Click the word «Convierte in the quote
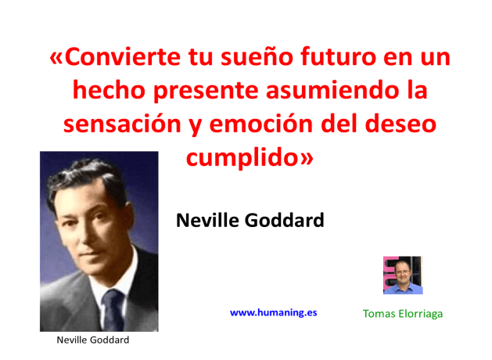[x=118, y=57]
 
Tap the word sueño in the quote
[x=261, y=57]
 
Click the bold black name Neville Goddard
[x=250, y=221]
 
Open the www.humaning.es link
[x=273, y=312]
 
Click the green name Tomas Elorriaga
[x=403, y=313]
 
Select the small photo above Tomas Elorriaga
[x=402, y=275]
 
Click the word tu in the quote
[x=203, y=57]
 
